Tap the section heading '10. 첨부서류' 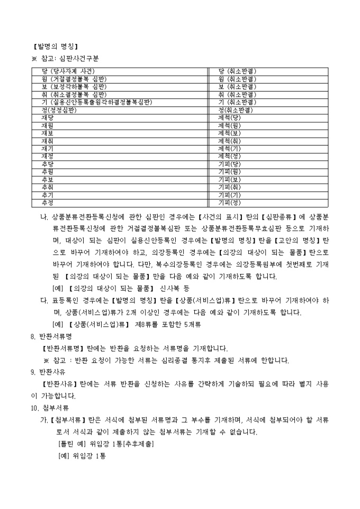click(50, 407)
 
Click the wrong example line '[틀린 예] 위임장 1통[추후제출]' click(106, 444)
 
